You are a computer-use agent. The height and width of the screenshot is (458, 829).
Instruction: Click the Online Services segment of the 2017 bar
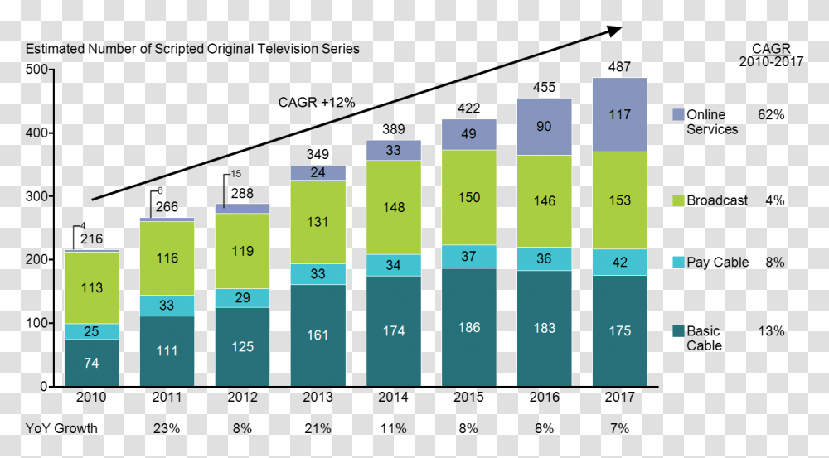pos(619,115)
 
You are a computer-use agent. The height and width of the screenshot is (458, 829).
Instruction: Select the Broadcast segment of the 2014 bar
pos(394,207)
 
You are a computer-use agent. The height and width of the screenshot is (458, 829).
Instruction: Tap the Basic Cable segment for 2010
pos(91,363)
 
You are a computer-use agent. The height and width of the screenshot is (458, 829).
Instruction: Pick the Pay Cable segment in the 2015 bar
pos(468,257)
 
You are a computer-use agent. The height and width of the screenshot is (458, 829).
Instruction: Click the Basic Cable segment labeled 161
pos(318,335)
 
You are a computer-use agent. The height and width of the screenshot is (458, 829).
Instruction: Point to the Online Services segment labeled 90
pos(544,127)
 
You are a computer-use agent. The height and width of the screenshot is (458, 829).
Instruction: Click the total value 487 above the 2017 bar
pos(619,67)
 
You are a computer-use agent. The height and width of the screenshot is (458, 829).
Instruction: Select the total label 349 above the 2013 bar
pos(318,154)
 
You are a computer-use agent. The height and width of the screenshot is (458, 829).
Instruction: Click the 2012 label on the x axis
pos(242,398)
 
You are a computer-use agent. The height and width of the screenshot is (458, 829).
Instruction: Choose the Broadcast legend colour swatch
pos(676,200)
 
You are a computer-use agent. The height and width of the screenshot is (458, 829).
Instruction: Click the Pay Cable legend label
pos(717,263)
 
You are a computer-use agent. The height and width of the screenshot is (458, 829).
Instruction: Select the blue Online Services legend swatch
pos(676,115)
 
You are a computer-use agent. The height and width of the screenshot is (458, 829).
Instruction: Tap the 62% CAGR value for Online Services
pos(771,115)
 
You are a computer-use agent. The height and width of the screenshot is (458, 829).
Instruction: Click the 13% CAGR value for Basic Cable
pos(771,331)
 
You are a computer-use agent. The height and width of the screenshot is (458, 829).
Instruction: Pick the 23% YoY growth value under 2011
pos(167,428)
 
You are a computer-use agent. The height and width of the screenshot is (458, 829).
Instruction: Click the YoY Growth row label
pos(61,428)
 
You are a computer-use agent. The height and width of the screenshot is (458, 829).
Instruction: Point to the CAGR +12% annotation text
pos(317,103)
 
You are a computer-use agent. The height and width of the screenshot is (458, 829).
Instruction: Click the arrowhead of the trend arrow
pos(614,31)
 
